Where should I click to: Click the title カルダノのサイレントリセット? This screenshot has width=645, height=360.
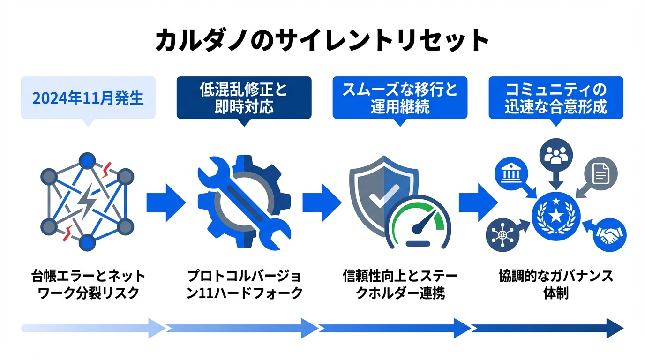click(322, 41)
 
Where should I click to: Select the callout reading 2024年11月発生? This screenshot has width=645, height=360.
click(88, 98)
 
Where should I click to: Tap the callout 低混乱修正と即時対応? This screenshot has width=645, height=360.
click(244, 98)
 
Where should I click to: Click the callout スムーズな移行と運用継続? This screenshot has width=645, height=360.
click(400, 98)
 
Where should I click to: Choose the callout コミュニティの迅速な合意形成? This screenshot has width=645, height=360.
click(556, 98)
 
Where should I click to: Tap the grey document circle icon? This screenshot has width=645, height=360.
click(601, 175)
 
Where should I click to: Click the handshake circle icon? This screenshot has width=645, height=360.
click(609, 235)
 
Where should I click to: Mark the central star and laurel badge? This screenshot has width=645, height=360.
click(556, 215)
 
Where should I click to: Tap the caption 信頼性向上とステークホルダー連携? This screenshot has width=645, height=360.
click(400, 285)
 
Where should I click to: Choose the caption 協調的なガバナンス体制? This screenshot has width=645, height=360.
click(556, 285)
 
